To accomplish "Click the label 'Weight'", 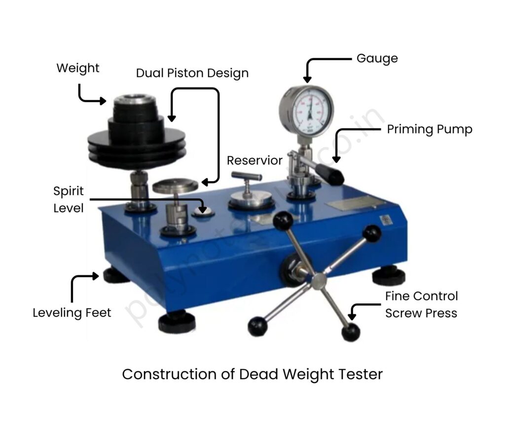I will coord(78,68).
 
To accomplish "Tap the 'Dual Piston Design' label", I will coord(192,74).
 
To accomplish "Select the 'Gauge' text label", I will coord(377,58).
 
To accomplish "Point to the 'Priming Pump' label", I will coord(430,129).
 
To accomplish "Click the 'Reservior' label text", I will coord(254,160).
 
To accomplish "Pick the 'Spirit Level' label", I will coord(69,199).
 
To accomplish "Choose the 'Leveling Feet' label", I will coord(72,312).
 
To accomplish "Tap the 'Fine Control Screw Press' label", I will coord(421,305).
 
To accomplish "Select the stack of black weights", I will coord(132,129).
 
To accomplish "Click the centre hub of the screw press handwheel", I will coord(320,280).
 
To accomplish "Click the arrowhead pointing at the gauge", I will coord(307,79).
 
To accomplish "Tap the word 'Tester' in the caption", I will coord(360,374).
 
